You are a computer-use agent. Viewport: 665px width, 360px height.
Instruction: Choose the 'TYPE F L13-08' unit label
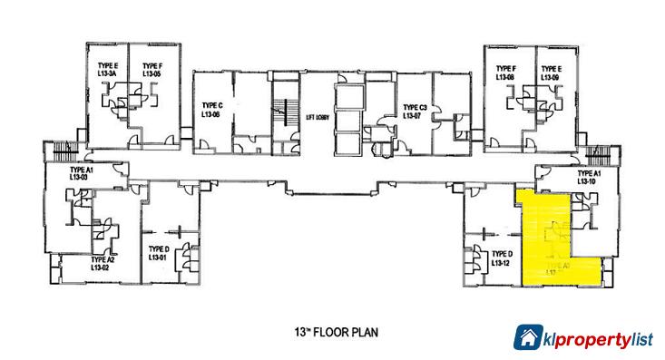(x=505, y=73)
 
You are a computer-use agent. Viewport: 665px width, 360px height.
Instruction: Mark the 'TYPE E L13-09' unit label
(x=550, y=73)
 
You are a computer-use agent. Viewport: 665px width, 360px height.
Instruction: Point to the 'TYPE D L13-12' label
(x=502, y=258)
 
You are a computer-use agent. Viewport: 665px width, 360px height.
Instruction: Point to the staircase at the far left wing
(x=63, y=150)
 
